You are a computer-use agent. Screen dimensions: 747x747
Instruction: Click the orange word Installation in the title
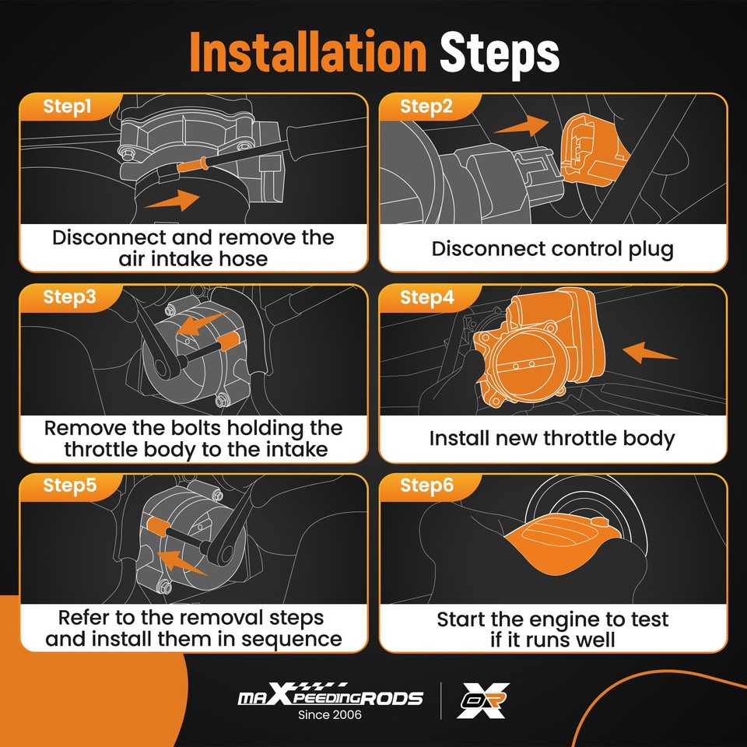coord(307,52)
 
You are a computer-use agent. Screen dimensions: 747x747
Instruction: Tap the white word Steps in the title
coord(499,54)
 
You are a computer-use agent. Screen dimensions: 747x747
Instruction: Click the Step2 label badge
coord(426,107)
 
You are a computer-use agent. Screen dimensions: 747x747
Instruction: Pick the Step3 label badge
coord(69,297)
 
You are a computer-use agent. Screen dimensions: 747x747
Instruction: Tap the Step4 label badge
coord(427,297)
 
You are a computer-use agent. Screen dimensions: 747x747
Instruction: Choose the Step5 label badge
coord(69,486)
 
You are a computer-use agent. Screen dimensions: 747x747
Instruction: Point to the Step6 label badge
coord(426,486)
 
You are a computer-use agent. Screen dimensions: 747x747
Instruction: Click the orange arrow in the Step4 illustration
coord(649,352)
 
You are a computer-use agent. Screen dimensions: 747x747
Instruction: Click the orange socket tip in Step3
coord(228,342)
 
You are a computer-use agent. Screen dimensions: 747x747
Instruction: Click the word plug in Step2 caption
coord(651,250)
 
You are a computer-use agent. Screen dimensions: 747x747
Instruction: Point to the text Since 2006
coord(330,714)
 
